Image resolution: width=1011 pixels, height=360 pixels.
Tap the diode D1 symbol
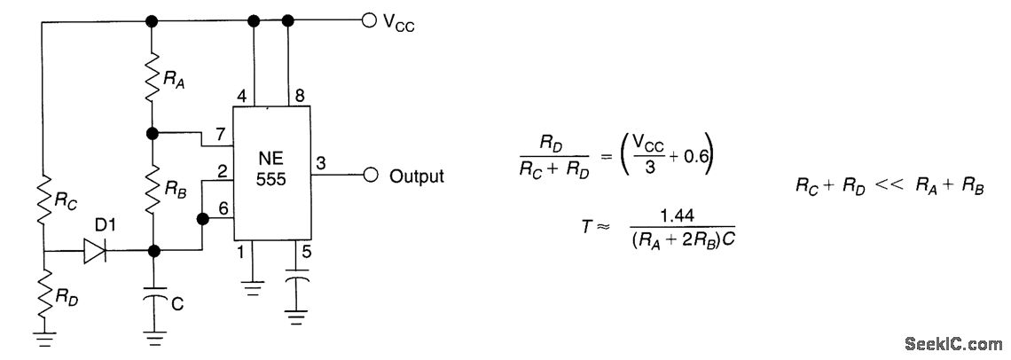pyautogui.click(x=95, y=252)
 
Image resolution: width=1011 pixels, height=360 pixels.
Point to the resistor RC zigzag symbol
pyautogui.click(x=43, y=203)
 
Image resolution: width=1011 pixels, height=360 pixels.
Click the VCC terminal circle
pyautogui.click(x=369, y=20)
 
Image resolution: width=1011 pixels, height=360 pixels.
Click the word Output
pyautogui.click(x=417, y=176)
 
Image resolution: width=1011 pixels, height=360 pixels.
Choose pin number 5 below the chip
pyautogui.click(x=307, y=252)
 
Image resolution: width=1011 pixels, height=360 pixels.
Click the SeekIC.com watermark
pyautogui.click(x=952, y=343)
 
